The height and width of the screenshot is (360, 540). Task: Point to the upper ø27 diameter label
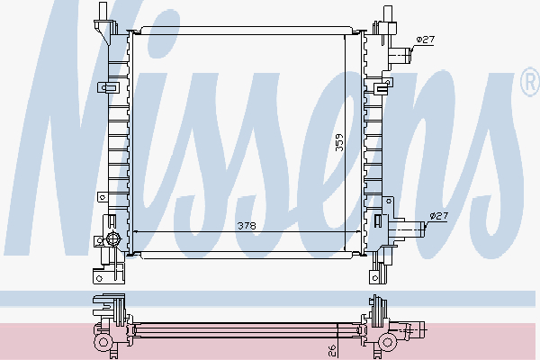coord(426,40)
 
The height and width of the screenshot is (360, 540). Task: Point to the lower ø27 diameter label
coord(438,216)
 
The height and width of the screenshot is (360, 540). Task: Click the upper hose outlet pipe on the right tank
coord(401,56)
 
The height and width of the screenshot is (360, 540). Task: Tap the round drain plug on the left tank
coord(112,238)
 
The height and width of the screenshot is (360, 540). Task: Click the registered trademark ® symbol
coord(528,83)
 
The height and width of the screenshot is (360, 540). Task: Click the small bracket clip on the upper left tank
coord(109,88)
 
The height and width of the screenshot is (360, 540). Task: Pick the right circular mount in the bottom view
coord(390,342)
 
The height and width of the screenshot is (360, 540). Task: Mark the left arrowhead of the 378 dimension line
coord(135,232)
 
